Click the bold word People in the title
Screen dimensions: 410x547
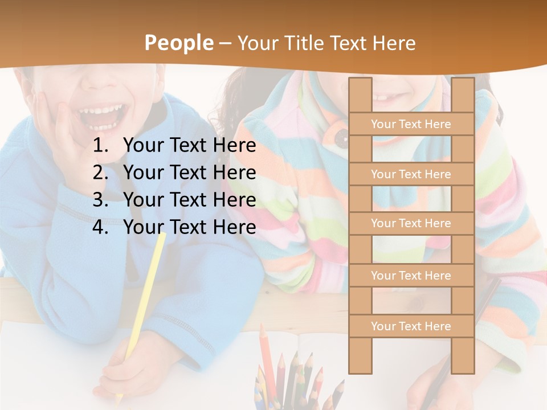pos(178,43)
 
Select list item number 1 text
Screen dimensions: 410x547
pos(189,146)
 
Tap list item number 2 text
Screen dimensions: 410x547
pos(189,173)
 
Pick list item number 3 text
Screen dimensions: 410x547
pos(189,200)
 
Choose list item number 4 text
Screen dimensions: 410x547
pos(189,227)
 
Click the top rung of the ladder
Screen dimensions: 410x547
pos(411,124)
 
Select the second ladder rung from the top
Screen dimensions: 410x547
pos(411,174)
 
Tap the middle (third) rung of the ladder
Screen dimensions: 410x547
pos(411,223)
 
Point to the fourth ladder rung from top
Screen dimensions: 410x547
pos(411,276)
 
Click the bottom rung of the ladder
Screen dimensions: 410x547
pos(411,326)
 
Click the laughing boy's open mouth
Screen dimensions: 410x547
pos(102,114)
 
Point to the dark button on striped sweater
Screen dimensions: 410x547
pos(341,137)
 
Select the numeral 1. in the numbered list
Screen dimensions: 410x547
pos(100,146)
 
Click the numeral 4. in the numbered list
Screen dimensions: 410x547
pos(100,227)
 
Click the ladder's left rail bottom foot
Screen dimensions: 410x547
pos(360,364)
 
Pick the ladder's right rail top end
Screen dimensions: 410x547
pos(463,85)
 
